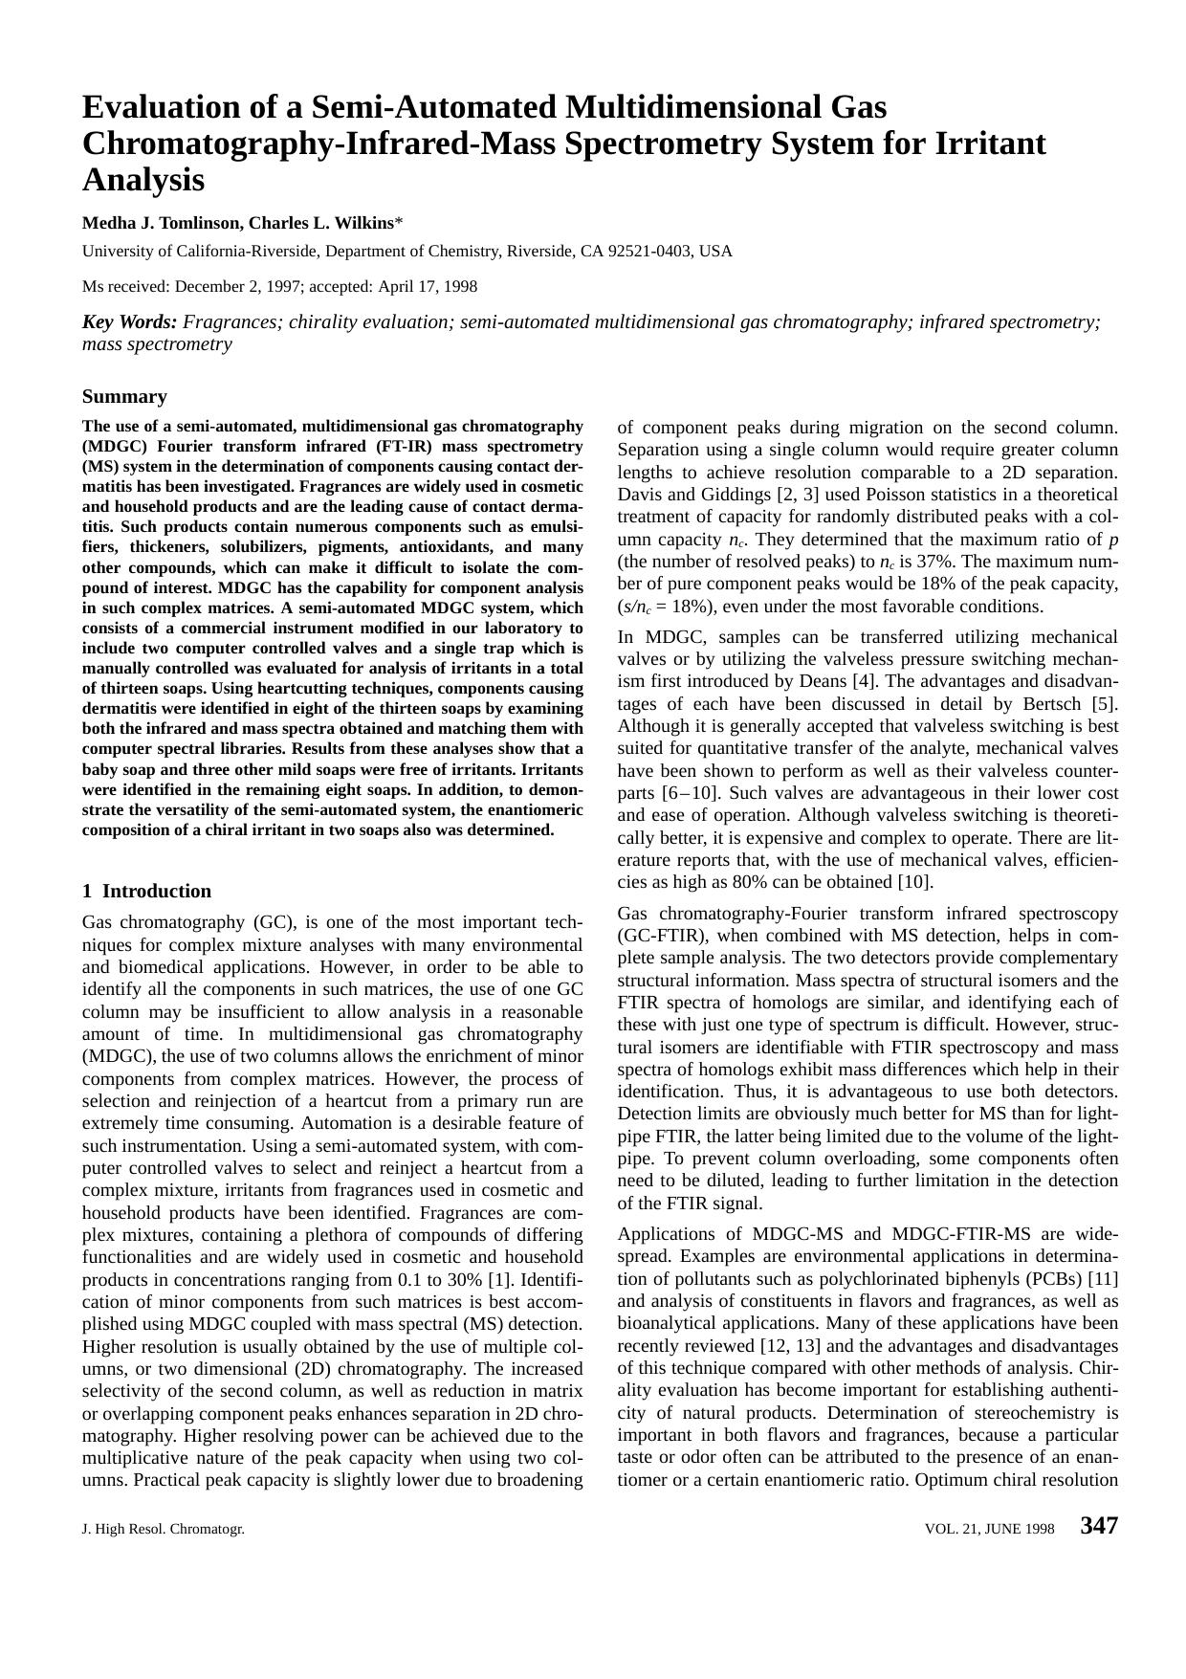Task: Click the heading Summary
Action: pyautogui.click(x=124, y=396)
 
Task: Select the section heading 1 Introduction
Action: pyautogui.click(x=146, y=891)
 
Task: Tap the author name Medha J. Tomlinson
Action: pyautogui.click(x=161, y=223)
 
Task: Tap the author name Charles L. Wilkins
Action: pyautogui.click(x=321, y=223)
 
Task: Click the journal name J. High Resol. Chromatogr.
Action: pyautogui.click(x=164, y=1529)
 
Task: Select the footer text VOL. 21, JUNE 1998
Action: pyautogui.click(x=990, y=1529)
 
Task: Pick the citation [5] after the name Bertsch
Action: pyautogui.click(x=1107, y=703)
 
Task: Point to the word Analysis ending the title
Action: pyautogui.click(x=143, y=180)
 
